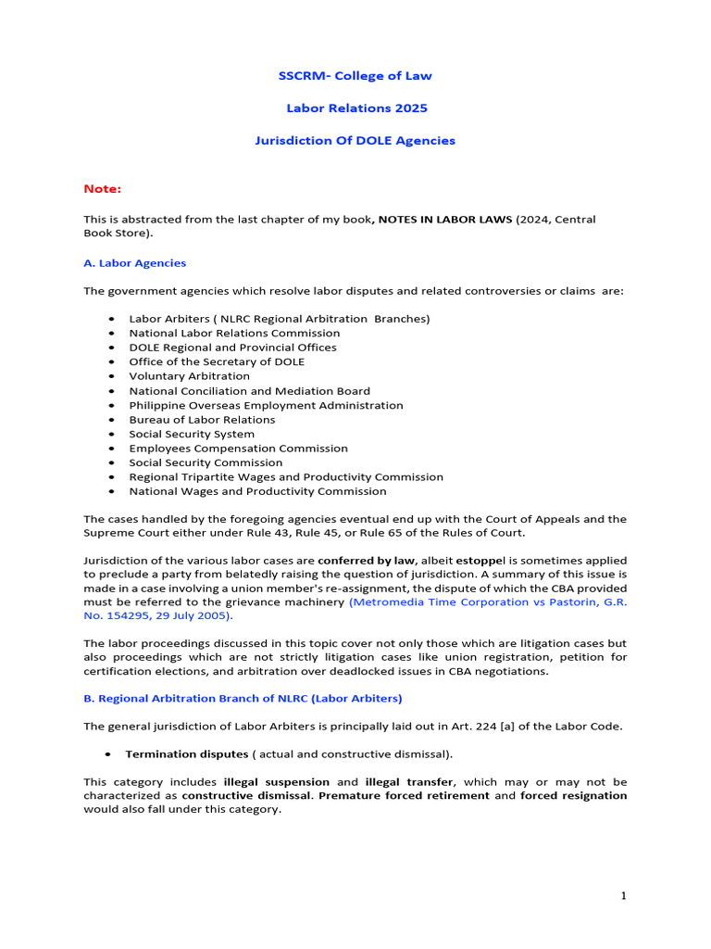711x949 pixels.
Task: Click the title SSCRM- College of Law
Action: click(x=355, y=76)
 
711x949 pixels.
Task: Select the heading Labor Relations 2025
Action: click(x=355, y=108)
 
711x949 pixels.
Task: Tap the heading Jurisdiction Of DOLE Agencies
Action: click(x=355, y=141)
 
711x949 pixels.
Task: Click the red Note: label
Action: click(x=103, y=189)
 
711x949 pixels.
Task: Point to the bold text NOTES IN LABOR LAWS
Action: click(x=443, y=220)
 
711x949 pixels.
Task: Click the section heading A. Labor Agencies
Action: click(x=135, y=263)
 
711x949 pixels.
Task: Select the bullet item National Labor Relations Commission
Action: click(x=234, y=333)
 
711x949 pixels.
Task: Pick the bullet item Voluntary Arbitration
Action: click(x=189, y=376)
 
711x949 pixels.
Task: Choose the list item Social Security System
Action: click(x=192, y=434)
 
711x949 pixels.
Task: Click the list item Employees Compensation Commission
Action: click(x=238, y=449)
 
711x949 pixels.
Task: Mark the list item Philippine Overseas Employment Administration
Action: click(x=266, y=405)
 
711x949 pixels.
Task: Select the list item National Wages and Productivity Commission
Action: click(x=257, y=491)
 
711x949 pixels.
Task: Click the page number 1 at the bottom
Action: click(x=623, y=895)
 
